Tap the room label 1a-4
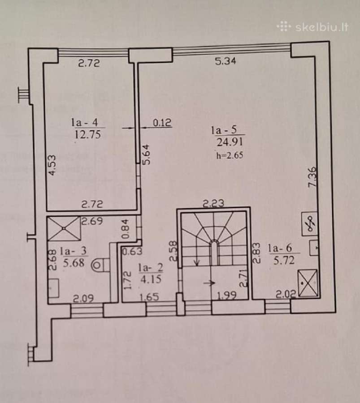point(85,122)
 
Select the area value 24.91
point(230,141)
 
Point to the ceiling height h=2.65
point(230,155)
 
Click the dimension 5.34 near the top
point(226,61)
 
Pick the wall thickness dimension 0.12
point(162,123)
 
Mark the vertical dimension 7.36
point(312,177)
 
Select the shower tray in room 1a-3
point(64,228)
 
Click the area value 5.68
point(74,263)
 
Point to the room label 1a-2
point(151,268)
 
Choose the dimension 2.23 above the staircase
point(213,204)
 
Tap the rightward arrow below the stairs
point(209,283)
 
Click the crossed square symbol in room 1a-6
point(308,283)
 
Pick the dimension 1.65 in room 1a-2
point(149,297)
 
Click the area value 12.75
point(88,134)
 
